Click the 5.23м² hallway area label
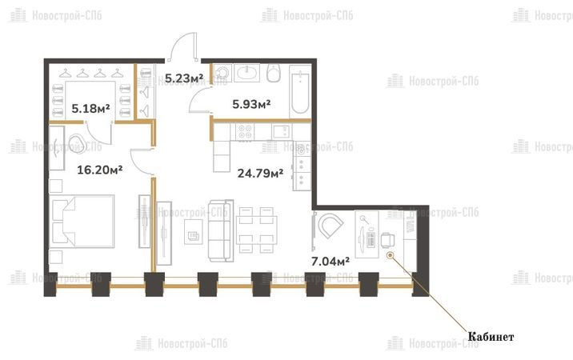pyautogui.click(x=184, y=78)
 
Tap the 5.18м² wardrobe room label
pyautogui.click(x=90, y=109)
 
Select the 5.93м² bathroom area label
pyautogui.click(x=251, y=105)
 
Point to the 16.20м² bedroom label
pyautogui.click(x=99, y=170)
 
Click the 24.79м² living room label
pyautogui.click(x=260, y=173)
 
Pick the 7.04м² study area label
pyautogui.click(x=331, y=262)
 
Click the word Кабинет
pyautogui.click(x=491, y=337)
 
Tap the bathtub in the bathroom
pyautogui.click(x=300, y=91)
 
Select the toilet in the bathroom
pyautogui.click(x=274, y=73)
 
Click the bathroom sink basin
pyautogui.click(x=247, y=73)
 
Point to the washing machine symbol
pyautogui.click(x=222, y=73)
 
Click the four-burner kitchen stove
pyautogui.click(x=245, y=131)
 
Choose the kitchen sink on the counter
pyautogui.click(x=282, y=131)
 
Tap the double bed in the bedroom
pyautogui.click(x=82, y=222)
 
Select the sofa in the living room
pyautogui.click(x=221, y=230)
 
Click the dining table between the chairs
pyautogui.click(x=257, y=230)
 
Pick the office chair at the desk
pyautogui.click(x=387, y=240)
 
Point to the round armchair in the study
pyautogui.click(x=330, y=225)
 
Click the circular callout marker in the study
pyautogui.click(x=391, y=255)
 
